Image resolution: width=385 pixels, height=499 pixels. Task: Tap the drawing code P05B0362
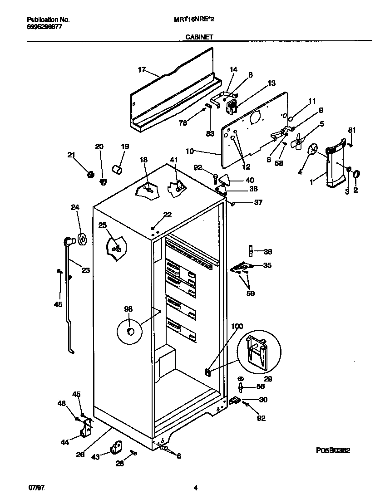pyautogui.click(x=333, y=450)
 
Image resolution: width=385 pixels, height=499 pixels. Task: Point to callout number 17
pyautogui.click(x=142, y=69)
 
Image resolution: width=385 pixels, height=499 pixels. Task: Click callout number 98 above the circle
pyautogui.click(x=128, y=309)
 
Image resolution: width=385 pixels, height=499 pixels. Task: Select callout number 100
pyautogui.click(x=237, y=327)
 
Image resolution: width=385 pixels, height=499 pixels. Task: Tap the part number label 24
pyautogui.click(x=74, y=208)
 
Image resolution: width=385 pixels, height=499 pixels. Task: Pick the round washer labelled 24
pyautogui.click(x=82, y=239)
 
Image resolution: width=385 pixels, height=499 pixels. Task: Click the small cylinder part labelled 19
pyautogui.click(x=118, y=170)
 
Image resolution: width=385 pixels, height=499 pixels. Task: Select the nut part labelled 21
pyautogui.click(x=90, y=175)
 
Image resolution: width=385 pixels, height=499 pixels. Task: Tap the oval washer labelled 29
pyautogui.click(x=241, y=378)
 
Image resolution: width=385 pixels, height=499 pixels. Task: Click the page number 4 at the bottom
pyautogui.click(x=195, y=488)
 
